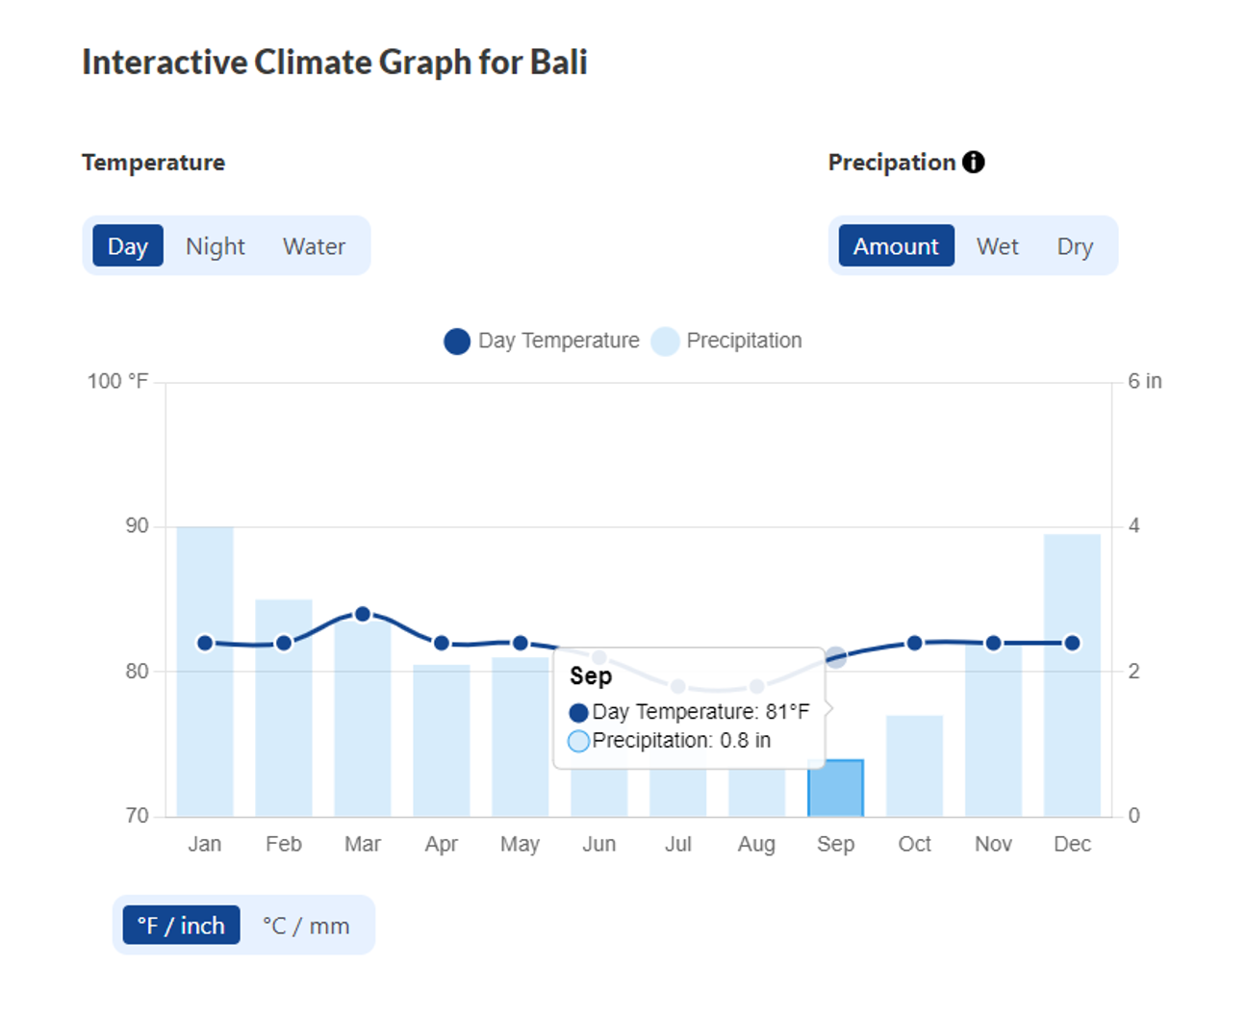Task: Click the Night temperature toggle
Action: (x=215, y=246)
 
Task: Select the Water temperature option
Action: (x=314, y=246)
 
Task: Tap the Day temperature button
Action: (x=128, y=246)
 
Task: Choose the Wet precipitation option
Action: (x=997, y=246)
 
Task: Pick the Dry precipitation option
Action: (x=1075, y=246)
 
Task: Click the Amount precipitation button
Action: (x=896, y=246)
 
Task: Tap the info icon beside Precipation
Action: (x=974, y=162)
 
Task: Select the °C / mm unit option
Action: (x=306, y=926)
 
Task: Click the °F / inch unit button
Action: (x=181, y=926)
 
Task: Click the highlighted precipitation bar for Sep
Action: (x=835, y=789)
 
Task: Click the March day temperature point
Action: (x=363, y=614)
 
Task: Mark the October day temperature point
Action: (x=915, y=643)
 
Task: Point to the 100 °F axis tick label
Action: (x=117, y=381)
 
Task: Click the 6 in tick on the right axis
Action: (x=1144, y=381)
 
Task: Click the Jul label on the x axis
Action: (x=677, y=844)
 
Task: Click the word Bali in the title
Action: (x=558, y=63)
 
